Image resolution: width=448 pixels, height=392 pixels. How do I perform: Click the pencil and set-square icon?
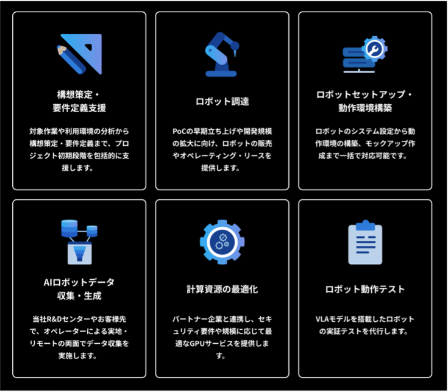point(79,54)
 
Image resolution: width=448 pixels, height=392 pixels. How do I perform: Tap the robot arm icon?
point(222,54)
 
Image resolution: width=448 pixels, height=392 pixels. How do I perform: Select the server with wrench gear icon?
point(365,54)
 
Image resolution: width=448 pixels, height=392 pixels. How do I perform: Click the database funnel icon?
point(79,242)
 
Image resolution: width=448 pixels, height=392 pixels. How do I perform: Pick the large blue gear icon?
point(222,242)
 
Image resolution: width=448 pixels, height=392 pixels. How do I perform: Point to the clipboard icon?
point(365,242)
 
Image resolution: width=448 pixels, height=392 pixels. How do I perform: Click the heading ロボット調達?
point(222,101)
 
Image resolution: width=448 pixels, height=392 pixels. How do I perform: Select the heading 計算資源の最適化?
point(222,289)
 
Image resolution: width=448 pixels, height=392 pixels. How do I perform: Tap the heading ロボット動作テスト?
point(365,289)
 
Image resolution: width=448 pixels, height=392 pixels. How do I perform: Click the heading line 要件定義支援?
point(79,108)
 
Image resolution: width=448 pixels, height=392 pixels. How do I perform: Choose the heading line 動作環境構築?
point(365,108)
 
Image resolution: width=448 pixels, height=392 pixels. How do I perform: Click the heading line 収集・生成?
point(79,296)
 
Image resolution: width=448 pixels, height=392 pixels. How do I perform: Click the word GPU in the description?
point(196,343)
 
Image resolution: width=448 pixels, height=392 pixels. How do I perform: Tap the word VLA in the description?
point(322,319)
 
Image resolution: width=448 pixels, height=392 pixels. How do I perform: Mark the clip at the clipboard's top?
point(365,225)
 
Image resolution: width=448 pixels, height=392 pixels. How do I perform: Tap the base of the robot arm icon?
point(221,73)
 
